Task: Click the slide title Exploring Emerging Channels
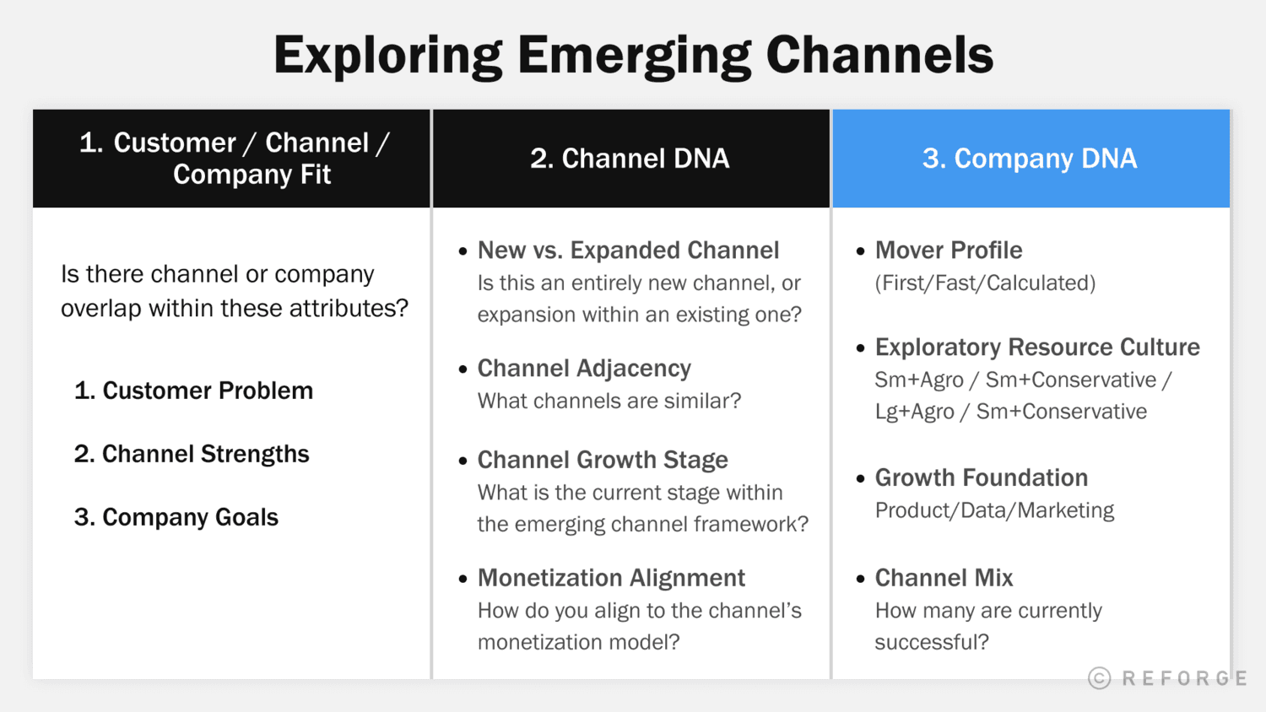[x=633, y=56]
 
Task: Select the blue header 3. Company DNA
[x=1030, y=159]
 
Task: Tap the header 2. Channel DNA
[x=630, y=159]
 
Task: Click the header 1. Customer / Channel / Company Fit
[x=233, y=159]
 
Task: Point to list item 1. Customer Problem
[x=193, y=391]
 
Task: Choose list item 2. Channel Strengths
[x=192, y=454]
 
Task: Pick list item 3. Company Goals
[x=176, y=517]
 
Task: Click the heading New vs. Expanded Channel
[x=628, y=251]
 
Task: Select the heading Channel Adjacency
[x=584, y=369]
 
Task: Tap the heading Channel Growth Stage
[x=603, y=460]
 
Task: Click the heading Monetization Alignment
[x=611, y=578]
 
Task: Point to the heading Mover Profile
[x=949, y=251]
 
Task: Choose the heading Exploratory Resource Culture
[x=1037, y=348]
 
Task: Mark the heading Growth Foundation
[x=982, y=478]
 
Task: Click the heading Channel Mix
[x=944, y=578]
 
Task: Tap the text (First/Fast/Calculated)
[x=985, y=283]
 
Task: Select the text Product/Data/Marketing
[x=994, y=510]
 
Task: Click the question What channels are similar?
[x=609, y=402]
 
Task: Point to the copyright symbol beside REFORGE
[x=1099, y=678]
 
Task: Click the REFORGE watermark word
[x=1184, y=679]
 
